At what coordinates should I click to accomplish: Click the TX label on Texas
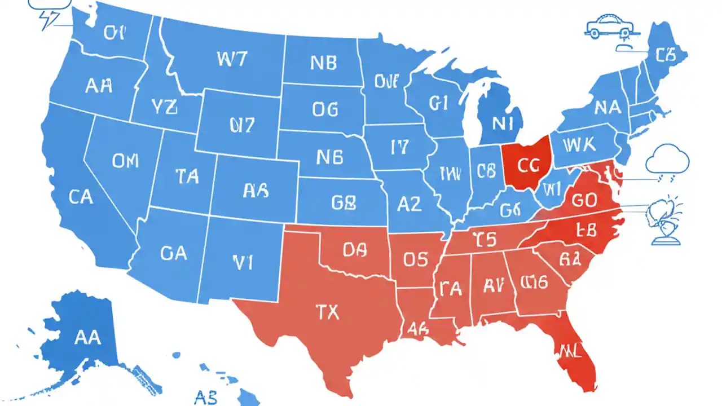328,311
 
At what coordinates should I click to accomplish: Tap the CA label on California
81,197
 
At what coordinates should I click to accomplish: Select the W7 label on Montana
231,59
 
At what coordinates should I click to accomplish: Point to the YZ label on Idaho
164,107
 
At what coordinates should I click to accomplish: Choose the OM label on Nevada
125,161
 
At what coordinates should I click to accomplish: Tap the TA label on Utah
187,176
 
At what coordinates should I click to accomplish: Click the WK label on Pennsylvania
579,145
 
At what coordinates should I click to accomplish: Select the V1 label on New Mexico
243,261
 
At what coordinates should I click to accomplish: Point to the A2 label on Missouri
409,204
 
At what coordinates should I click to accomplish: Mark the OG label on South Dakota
325,109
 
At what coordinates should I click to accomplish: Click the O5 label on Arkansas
416,259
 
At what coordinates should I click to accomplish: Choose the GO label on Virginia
584,200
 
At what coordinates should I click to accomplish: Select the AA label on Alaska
87,337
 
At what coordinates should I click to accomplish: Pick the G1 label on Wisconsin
438,103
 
